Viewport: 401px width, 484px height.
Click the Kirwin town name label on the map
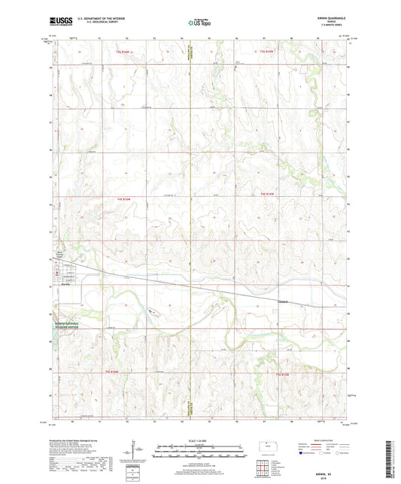[x=65, y=285]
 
